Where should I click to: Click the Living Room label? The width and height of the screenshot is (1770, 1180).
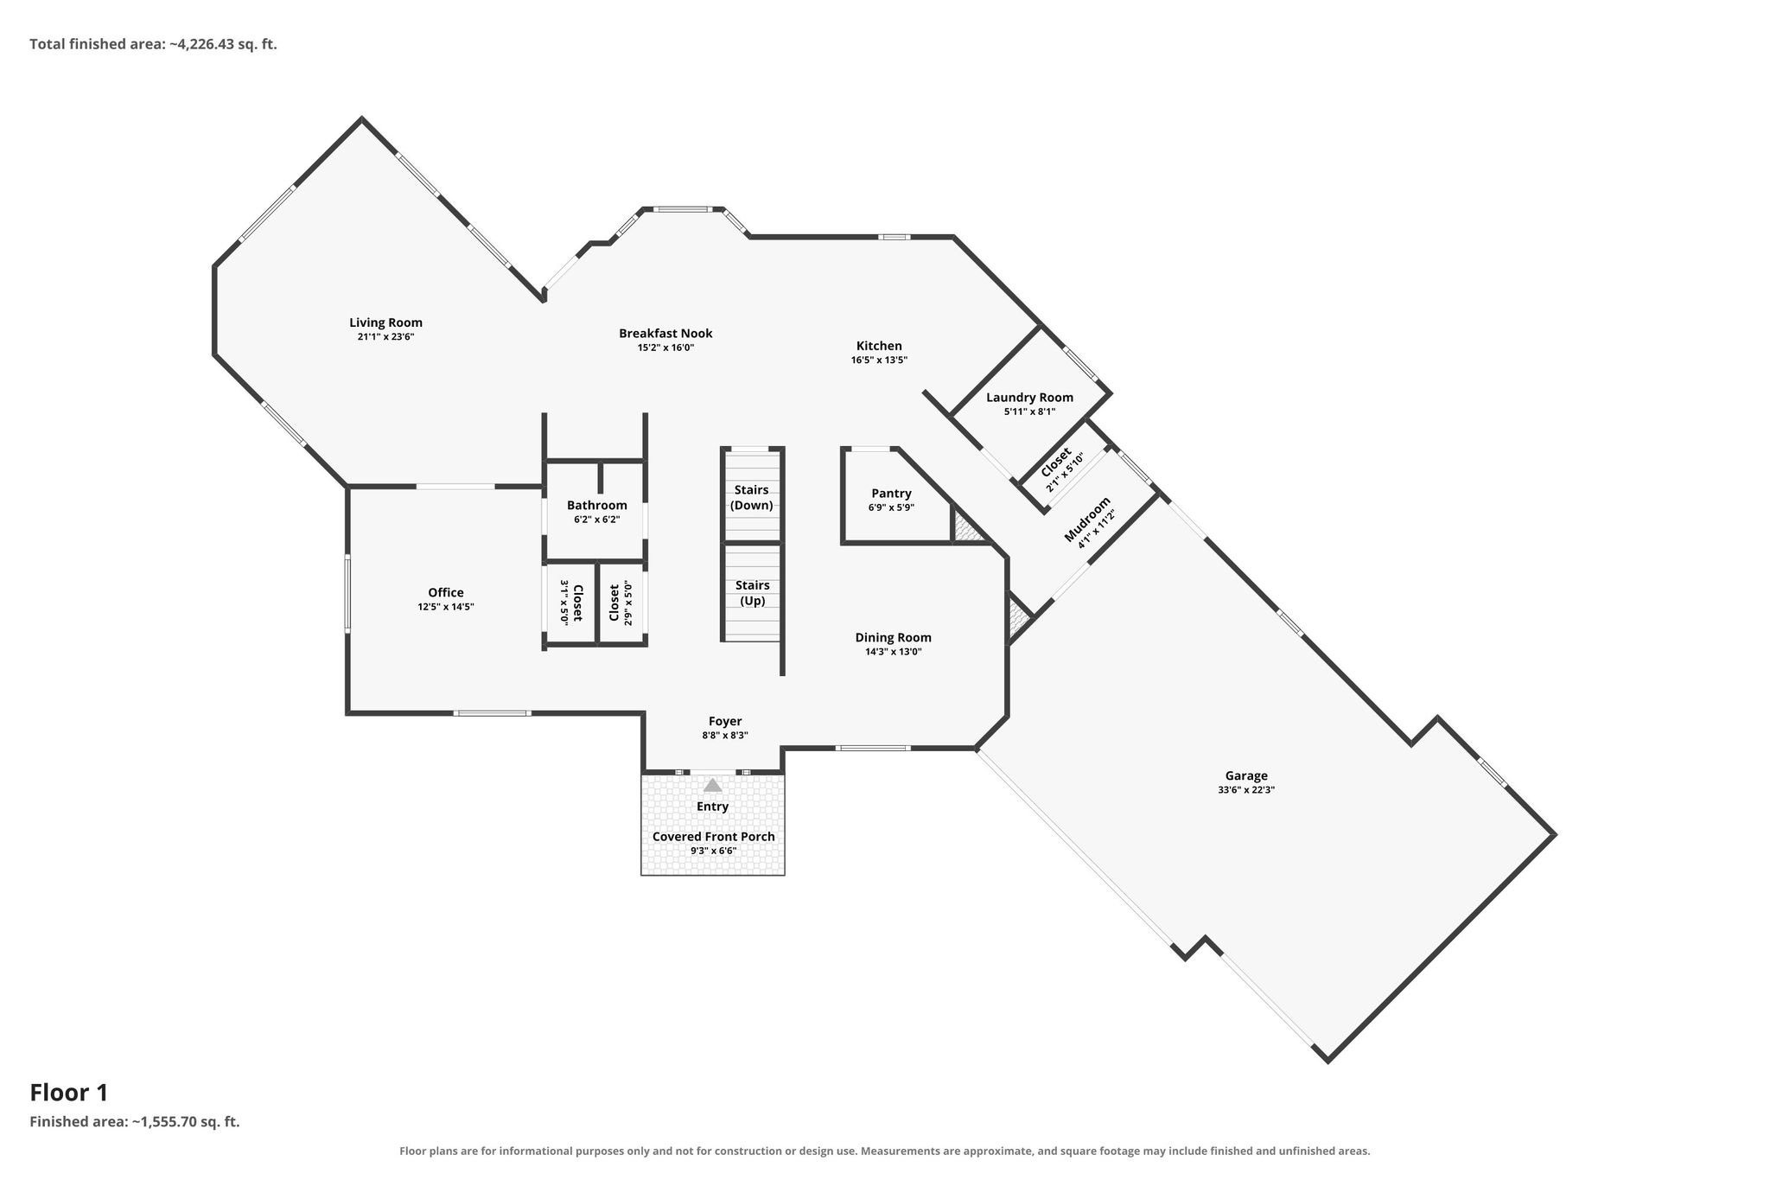[x=385, y=322]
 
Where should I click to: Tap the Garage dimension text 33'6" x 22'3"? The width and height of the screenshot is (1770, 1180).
[x=1245, y=789]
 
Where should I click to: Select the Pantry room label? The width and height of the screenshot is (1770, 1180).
[x=891, y=493]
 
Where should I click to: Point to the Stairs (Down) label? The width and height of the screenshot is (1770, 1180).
[x=751, y=497]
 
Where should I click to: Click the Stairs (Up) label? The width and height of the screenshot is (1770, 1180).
[x=752, y=593]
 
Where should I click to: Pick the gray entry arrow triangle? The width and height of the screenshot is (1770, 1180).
[x=712, y=785]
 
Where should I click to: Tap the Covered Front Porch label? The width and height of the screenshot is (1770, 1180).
[x=713, y=836]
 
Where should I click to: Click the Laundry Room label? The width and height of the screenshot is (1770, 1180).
[x=1029, y=398]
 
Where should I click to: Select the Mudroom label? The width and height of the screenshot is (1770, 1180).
[x=1086, y=520]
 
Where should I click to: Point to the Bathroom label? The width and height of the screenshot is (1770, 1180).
[x=596, y=505]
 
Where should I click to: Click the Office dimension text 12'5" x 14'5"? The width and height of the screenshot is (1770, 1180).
[x=446, y=607]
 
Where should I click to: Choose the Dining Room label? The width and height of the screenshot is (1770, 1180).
[x=893, y=637]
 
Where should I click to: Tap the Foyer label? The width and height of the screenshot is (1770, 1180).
[x=725, y=721]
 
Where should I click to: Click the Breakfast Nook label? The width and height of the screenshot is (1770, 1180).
[x=665, y=333]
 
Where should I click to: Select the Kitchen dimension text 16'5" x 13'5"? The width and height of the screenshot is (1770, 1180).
[x=879, y=360]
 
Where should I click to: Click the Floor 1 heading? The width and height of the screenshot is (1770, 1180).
[x=69, y=1093]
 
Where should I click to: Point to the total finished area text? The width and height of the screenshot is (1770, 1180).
[x=153, y=43]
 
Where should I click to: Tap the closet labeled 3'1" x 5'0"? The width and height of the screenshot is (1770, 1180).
[x=571, y=603]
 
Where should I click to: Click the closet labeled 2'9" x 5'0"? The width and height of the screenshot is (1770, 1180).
[x=621, y=603]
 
